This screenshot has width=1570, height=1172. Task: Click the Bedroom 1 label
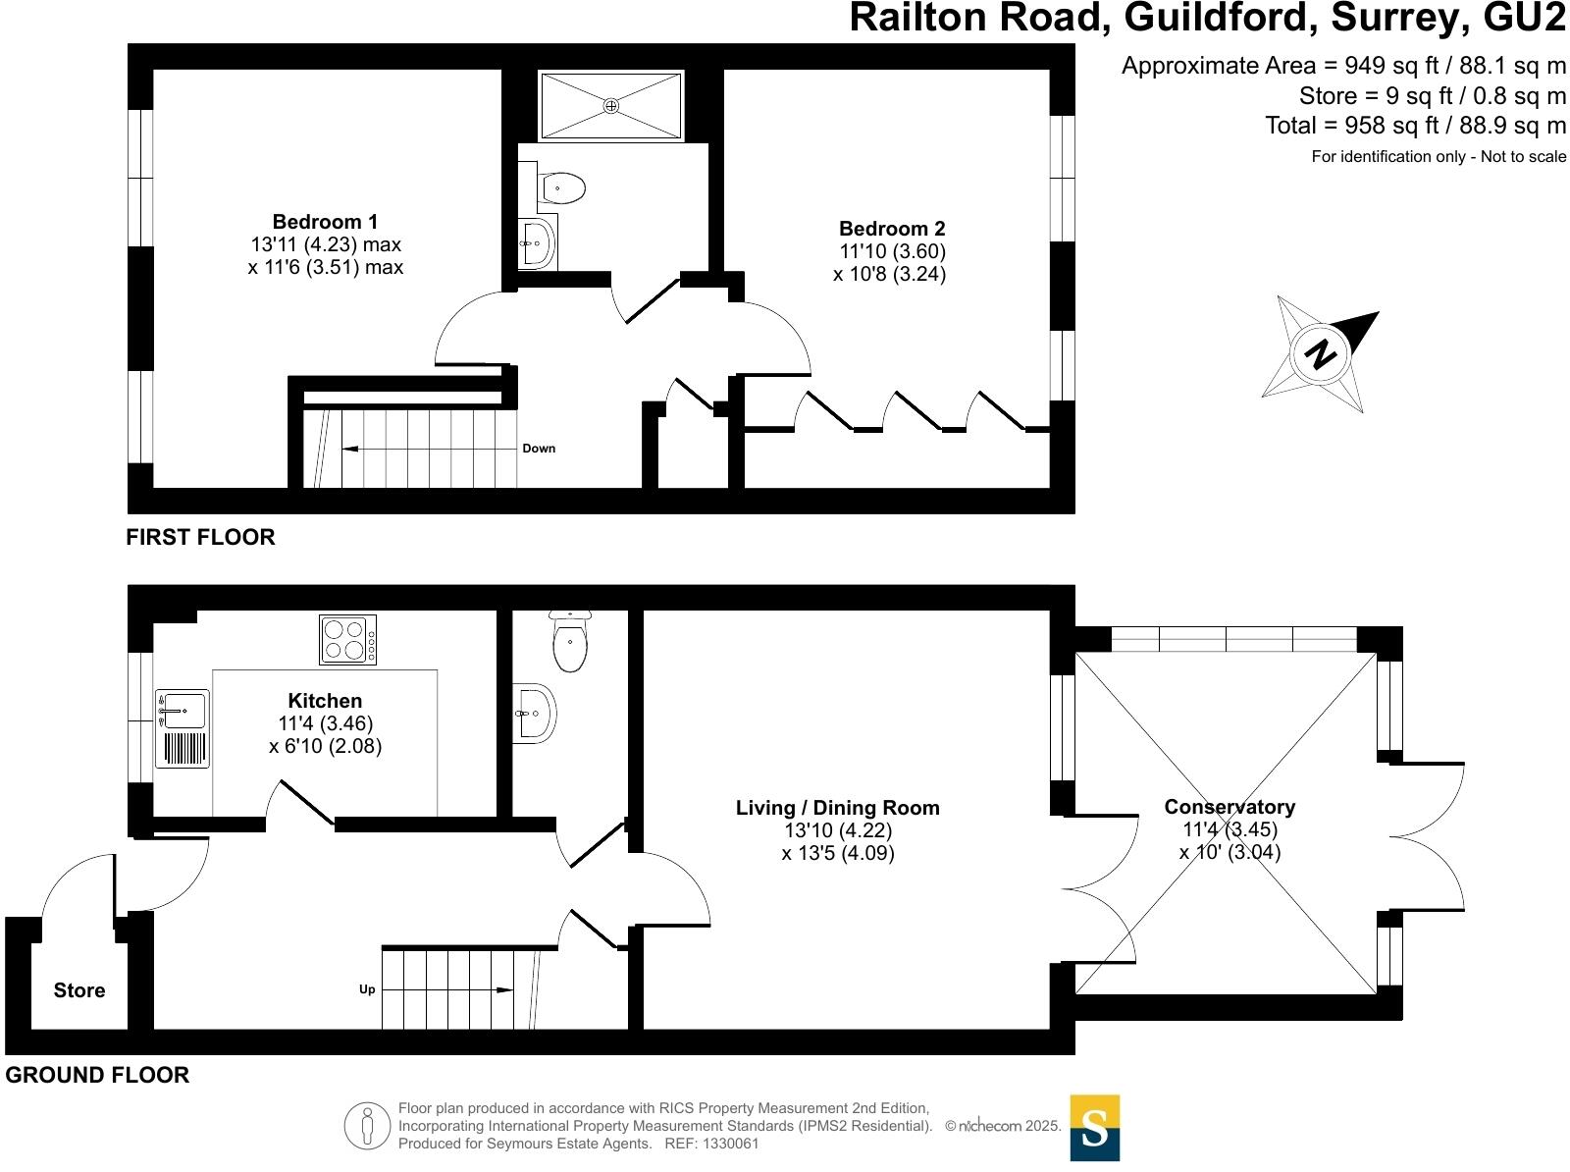pos(325,222)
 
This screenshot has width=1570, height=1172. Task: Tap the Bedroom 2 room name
pos(892,229)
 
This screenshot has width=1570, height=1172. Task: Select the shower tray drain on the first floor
pos(610,105)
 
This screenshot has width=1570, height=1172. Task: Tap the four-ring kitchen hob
pos(347,639)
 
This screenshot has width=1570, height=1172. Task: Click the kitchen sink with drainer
pos(183,727)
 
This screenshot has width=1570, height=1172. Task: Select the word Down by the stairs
pos(539,449)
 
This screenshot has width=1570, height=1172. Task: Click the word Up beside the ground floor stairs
pos(367,989)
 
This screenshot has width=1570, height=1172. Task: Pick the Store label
pos(79,990)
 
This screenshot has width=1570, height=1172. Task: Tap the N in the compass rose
pos(1322,354)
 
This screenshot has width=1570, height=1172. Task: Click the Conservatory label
pos(1230,807)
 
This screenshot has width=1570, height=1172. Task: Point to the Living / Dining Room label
pos(837,808)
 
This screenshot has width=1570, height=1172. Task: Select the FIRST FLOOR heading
pos(200,537)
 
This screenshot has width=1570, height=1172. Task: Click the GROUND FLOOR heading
pos(97,1075)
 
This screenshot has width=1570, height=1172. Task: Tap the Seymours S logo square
pos(1094,1128)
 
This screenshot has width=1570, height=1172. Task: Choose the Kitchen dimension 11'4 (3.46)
pos(326,723)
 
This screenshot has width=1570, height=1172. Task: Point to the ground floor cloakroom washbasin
pos(536,713)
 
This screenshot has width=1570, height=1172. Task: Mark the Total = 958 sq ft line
pos(1415,126)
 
